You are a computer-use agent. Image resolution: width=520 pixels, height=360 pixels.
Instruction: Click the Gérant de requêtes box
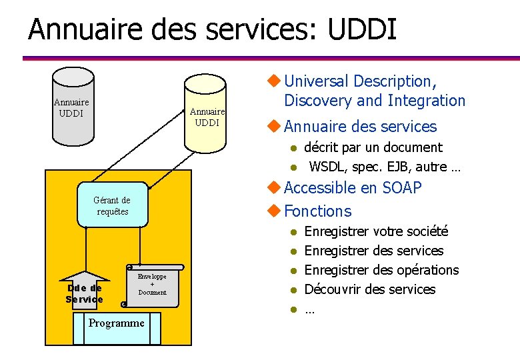coord(113,205)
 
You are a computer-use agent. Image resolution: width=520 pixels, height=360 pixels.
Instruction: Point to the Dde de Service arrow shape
coord(85,289)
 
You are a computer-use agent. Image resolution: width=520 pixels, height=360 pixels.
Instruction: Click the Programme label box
coord(117,323)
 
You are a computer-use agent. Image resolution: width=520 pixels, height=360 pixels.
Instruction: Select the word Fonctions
coord(317,211)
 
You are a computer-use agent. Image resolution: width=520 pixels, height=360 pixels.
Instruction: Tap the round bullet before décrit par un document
coord(291,148)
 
